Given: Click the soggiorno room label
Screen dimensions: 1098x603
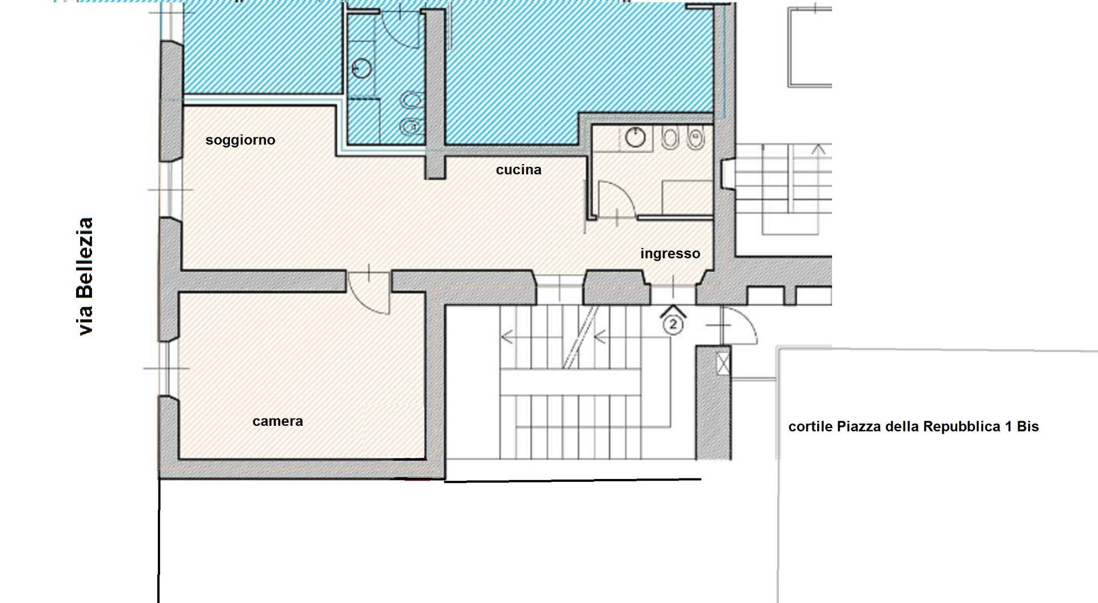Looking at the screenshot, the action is pos(240,140).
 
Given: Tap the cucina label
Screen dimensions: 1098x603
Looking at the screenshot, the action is pos(519,170).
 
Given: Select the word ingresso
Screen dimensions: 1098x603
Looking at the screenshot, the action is pos(670,254).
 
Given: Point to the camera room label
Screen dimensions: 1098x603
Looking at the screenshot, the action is pos(278,421).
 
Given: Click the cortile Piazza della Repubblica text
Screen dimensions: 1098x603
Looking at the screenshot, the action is pos(913,426).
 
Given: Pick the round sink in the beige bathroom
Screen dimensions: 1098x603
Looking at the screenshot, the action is pos(635,137).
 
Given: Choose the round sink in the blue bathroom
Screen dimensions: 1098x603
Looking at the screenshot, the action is pos(361,69).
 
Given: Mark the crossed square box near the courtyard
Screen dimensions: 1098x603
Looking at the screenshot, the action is pos(723,364).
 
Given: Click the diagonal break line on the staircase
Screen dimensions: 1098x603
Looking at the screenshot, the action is pos(580,337).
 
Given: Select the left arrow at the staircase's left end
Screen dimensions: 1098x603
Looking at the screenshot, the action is pos(507,337).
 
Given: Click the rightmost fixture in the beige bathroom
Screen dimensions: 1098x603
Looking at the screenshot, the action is pos(695,138).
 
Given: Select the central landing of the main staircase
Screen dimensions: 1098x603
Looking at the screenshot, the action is pos(570,381).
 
